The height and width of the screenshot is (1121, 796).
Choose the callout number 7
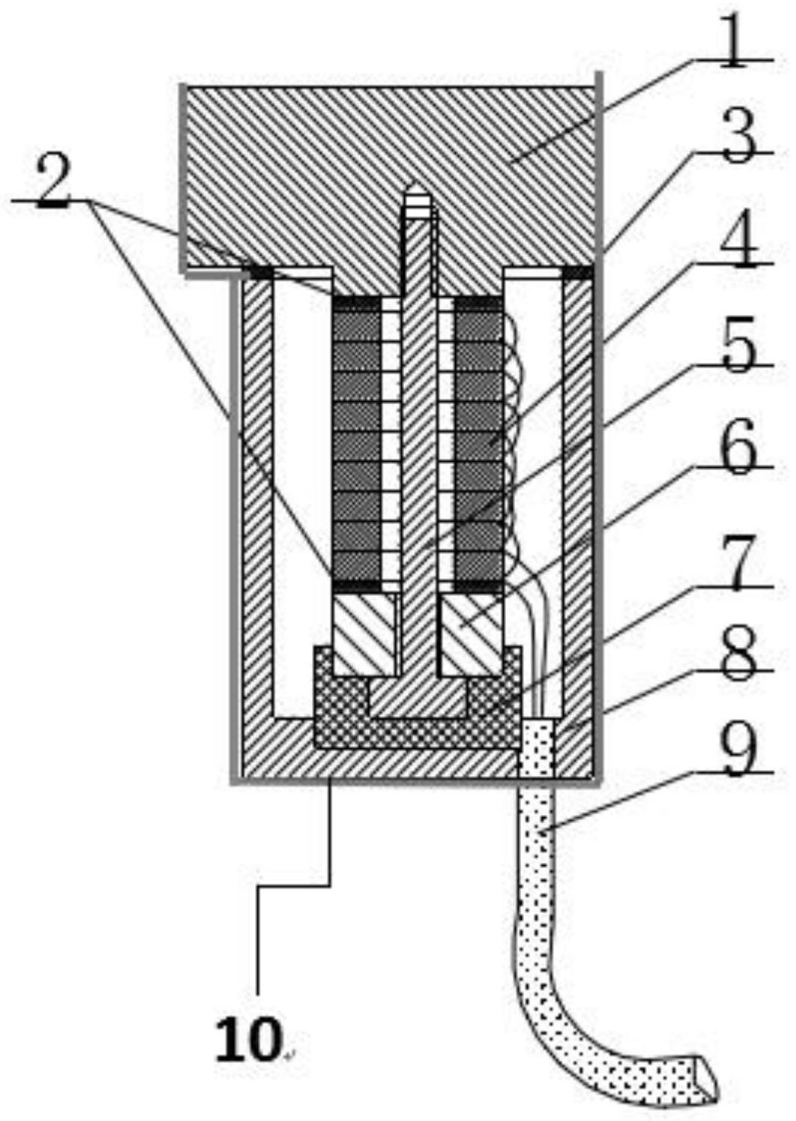pyautogui.click(x=739, y=562)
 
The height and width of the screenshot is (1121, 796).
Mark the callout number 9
pyautogui.click(x=738, y=750)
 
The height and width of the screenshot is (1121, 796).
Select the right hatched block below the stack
pyautogui.click(x=472, y=634)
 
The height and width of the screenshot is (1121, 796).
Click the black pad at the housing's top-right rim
pyautogui.click(x=578, y=272)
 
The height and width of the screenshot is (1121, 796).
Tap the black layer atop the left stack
pyautogui.click(x=356, y=303)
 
